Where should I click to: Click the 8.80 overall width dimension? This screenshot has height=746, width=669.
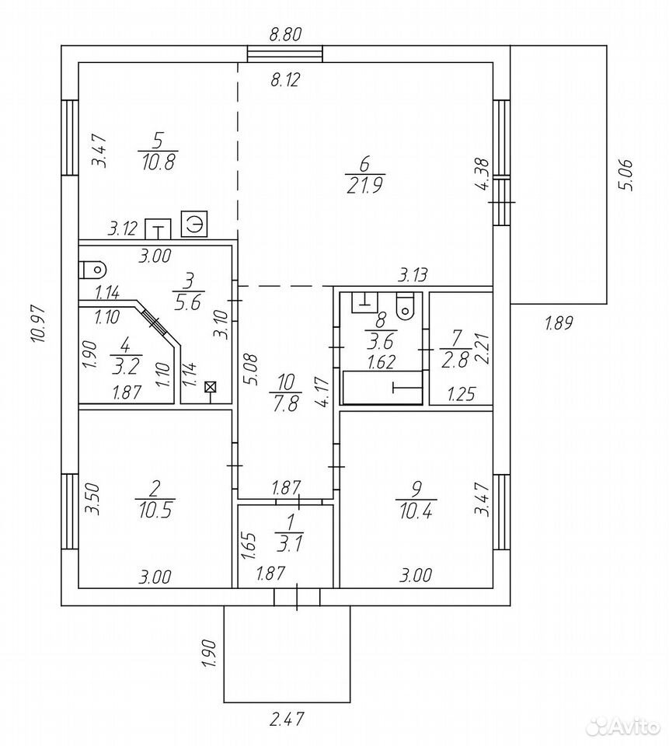(285, 35)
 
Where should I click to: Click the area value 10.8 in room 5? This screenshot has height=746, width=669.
(159, 162)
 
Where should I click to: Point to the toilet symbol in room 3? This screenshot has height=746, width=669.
(92, 270)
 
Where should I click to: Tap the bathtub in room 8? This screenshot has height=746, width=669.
(382, 388)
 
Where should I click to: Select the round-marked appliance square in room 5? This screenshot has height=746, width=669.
(194, 224)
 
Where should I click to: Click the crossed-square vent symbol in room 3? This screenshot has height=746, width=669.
(209, 387)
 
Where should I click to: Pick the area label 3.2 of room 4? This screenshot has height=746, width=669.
(126, 367)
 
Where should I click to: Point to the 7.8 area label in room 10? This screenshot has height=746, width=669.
(285, 403)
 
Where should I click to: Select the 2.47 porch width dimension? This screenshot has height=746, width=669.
(287, 718)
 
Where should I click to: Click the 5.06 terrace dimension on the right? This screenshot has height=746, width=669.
(625, 175)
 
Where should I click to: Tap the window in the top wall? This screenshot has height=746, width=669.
(285, 54)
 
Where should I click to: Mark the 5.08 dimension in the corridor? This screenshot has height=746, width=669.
(252, 369)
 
